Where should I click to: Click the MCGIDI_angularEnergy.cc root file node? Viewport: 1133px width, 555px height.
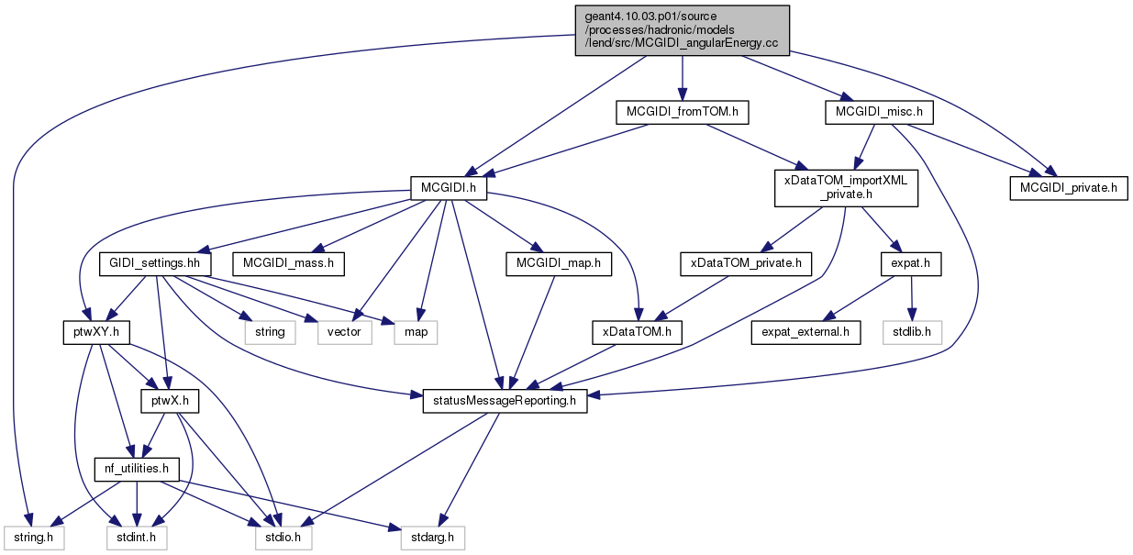[x=682, y=30]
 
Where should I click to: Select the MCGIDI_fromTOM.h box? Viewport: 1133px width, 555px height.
[x=682, y=112]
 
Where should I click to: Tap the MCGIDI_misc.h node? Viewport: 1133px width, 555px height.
[x=879, y=112]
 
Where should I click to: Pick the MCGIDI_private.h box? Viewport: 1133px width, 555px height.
[x=1069, y=188]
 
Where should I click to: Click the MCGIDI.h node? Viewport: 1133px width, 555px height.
[x=449, y=188]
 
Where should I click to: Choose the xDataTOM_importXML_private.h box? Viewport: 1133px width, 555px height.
[x=846, y=188]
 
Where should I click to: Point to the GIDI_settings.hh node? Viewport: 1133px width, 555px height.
[x=155, y=264]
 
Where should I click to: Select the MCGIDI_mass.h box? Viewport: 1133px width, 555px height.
[x=288, y=264]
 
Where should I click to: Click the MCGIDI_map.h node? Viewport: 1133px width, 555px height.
[x=559, y=264]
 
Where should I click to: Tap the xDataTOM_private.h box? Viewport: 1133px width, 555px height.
[x=746, y=264]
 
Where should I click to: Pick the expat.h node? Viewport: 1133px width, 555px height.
[x=911, y=264]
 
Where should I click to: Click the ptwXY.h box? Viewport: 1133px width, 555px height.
[x=96, y=333]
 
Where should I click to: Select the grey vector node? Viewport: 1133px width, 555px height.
[x=344, y=333]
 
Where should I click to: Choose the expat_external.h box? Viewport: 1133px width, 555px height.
[x=805, y=333]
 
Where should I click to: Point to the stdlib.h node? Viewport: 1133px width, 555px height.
[x=912, y=333]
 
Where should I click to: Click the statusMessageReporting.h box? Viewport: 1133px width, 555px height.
[x=505, y=401]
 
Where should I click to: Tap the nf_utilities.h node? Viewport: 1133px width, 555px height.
[x=137, y=470]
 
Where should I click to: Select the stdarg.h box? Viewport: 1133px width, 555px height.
[x=432, y=538]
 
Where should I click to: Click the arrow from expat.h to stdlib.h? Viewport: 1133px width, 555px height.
[x=912, y=298]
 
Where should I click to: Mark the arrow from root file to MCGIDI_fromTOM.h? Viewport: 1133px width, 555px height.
[x=683, y=78]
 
